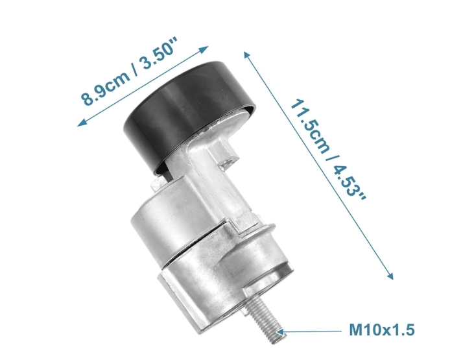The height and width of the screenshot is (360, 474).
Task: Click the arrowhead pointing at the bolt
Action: tap(280, 331)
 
